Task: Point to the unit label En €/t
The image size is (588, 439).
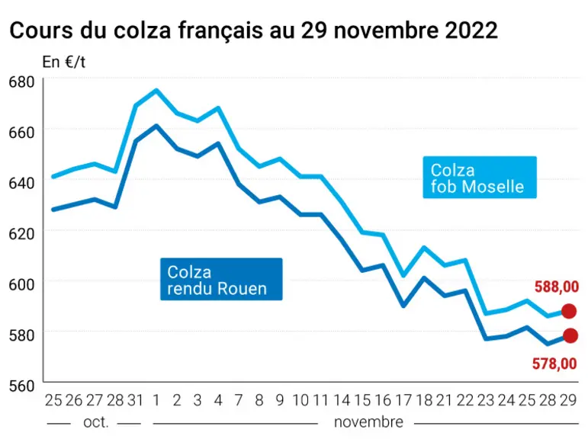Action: tap(64, 62)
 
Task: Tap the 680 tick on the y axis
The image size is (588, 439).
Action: tap(21, 82)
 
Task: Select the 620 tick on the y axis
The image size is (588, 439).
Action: tap(21, 234)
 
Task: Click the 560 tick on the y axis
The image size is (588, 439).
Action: tap(21, 386)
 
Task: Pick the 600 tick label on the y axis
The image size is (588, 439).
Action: tap(21, 284)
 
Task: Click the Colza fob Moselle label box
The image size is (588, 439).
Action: tap(480, 178)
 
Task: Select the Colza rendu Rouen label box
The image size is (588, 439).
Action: tap(221, 279)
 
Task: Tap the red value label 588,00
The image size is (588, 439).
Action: tap(557, 287)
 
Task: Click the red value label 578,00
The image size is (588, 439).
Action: tap(554, 364)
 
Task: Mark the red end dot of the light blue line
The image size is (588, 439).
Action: tap(569, 311)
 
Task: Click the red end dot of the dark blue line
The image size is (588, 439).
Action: tap(570, 335)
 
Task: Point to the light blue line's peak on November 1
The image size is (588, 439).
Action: tap(156, 90)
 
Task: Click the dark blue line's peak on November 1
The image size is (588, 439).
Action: tap(156, 126)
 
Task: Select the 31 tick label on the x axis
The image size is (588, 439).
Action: tap(136, 400)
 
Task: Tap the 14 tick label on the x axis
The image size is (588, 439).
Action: tap(342, 400)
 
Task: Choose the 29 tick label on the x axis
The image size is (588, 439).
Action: tap(568, 400)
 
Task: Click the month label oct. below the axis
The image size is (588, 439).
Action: tap(96, 422)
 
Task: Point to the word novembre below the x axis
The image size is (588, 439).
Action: tap(368, 422)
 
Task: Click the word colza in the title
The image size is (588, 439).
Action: tap(143, 30)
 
